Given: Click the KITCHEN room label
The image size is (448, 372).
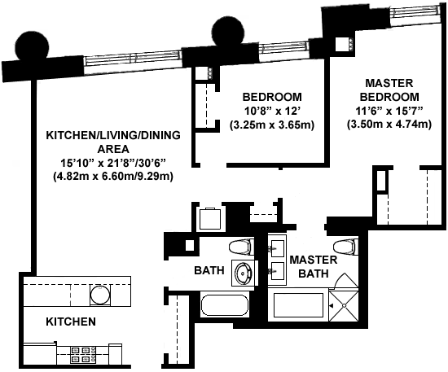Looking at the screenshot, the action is pos(71,322).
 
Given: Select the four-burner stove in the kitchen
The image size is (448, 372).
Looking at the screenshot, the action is pos(83,355).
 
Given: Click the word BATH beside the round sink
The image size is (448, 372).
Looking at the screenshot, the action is pos(209,270).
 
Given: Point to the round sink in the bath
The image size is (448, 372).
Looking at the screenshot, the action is pos(243,274).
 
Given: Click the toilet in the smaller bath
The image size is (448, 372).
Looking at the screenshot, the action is pos(242,247).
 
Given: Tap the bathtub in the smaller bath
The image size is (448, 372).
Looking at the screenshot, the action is pos(225,305).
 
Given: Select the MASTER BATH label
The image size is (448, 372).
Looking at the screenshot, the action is pos(314,267).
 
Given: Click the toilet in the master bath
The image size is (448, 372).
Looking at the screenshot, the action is pos(345,247).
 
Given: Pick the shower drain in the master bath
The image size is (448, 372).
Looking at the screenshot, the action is pos(344,306).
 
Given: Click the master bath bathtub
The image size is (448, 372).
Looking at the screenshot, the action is pos(298,305).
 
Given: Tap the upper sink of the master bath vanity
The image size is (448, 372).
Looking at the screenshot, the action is pos(277,248).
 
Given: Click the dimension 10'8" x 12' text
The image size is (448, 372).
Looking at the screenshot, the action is pos(272,111).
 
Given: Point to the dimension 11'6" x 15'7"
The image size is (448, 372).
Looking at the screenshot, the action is pos(389,111).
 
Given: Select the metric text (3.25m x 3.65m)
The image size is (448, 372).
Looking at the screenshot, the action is pos(272,125).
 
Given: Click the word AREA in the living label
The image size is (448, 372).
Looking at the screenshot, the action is pos(113,149).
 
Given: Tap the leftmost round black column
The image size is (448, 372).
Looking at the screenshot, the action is pos(33,46).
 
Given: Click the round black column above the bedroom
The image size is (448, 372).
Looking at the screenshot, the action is pos(228,32).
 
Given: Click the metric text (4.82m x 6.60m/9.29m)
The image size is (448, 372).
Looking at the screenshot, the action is pos(113,177).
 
